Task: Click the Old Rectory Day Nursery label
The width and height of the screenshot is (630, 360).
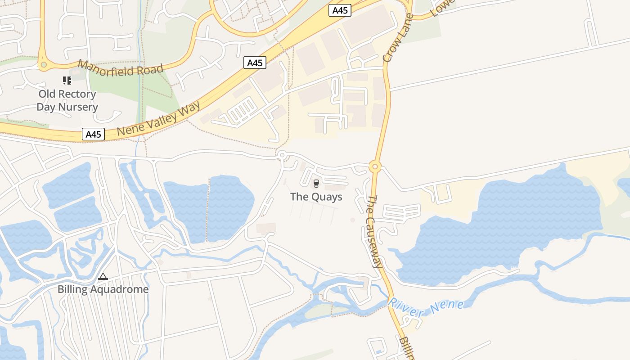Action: (x=67, y=100)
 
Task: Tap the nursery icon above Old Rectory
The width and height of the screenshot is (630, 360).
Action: (x=67, y=81)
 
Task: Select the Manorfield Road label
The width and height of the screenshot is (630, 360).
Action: (x=120, y=68)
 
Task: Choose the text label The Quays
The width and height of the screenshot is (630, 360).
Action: (x=316, y=197)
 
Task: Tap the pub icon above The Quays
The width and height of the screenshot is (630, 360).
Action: (x=316, y=183)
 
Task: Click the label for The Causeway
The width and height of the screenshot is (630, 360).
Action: (x=374, y=231)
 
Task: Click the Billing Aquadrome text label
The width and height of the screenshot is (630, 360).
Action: (x=103, y=289)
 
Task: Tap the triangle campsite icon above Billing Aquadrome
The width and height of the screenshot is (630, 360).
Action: (x=103, y=276)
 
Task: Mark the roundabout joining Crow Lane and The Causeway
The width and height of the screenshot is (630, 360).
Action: (x=374, y=167)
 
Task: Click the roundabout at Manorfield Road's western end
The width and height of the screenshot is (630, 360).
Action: (x=43, y=65)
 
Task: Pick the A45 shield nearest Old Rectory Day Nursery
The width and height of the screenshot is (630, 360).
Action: (x=93, y=134)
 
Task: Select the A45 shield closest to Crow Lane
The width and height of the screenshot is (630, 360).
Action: (x=340, y=10)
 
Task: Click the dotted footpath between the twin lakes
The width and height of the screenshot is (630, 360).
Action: (x=208, y=207)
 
